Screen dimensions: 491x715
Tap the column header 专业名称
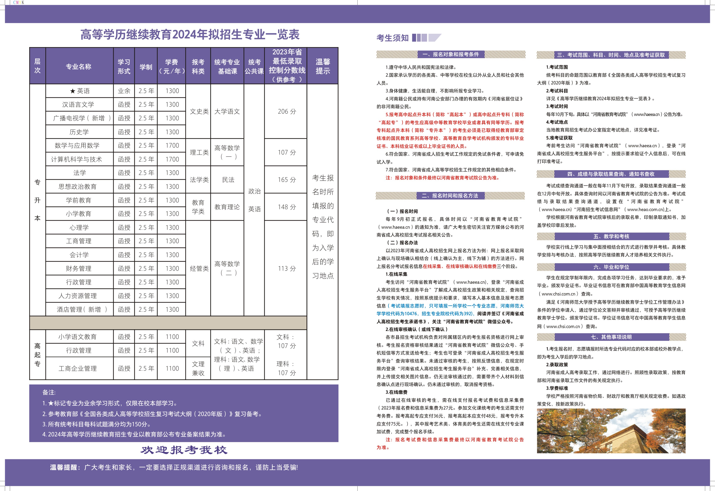pyautogui.click(x=79, y=66)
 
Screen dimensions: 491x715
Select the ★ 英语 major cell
pyautogui.click(x=79, y=91)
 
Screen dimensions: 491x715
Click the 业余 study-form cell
pyautogui.click(x=124, y=91)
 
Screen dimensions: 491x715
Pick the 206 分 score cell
pyautogui.click(x=287, y=111)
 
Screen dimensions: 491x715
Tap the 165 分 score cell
pyautogui.click(x=287, y=180)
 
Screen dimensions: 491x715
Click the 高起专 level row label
pyautogui.click(x=37, y=355)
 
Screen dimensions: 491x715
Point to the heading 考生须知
pyautogui.click(x=392, y=38)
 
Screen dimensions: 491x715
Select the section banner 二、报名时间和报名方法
pyautogui.click(x=450, y=196)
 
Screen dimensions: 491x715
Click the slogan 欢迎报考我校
pyautogui.click(x=184, y=450)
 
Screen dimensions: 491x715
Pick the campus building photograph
pyautogui.click(x=611, y=431)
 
